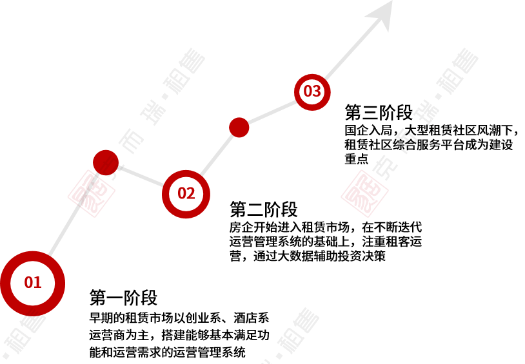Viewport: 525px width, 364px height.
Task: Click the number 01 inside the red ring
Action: click(33, 282)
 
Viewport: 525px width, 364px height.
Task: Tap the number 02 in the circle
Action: click(186, 193)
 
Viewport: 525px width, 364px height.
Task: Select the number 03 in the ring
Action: click(312, 91)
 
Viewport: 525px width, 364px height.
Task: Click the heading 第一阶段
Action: click(123, 298)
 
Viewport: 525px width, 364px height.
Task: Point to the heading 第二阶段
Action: click(264, 209)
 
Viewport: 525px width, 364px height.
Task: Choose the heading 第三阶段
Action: click(379, 112)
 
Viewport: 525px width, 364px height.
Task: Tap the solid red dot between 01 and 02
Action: click(106, 162)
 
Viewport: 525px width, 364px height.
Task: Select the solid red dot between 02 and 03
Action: click(239, 128)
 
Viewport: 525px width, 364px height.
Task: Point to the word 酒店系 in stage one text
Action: click(252, 318)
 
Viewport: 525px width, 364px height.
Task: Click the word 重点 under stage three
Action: click(357, 158)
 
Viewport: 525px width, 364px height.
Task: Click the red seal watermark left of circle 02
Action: click(92, 193)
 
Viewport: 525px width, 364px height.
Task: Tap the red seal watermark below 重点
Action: click(365, 193)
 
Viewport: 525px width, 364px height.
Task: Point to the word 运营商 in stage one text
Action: click(107, 335)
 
